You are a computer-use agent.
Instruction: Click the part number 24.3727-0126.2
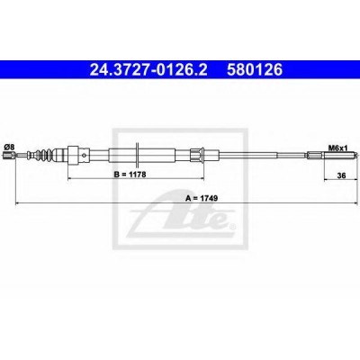[x=148, y=70]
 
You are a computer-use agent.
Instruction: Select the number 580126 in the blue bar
[x=255, y=70]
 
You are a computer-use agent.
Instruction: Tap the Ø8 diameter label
[x=9, y=147]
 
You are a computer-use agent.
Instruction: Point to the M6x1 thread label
[x=337, y=148]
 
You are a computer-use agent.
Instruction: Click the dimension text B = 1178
[x=130, y=175]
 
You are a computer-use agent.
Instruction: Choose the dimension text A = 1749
[x=202, y=198]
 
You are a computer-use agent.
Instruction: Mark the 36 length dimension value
[x=341, y=175]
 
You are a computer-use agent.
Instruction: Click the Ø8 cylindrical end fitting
[x=8, y=155]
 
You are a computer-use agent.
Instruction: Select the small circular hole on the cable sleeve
[x=85, y=155]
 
